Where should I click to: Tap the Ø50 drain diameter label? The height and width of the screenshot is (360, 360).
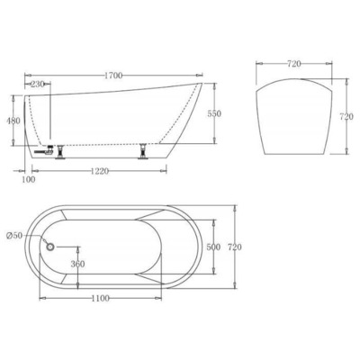click(14, 235)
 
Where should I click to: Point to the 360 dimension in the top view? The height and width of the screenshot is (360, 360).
click(77, 264)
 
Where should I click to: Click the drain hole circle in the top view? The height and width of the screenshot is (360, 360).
click(50, 245)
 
